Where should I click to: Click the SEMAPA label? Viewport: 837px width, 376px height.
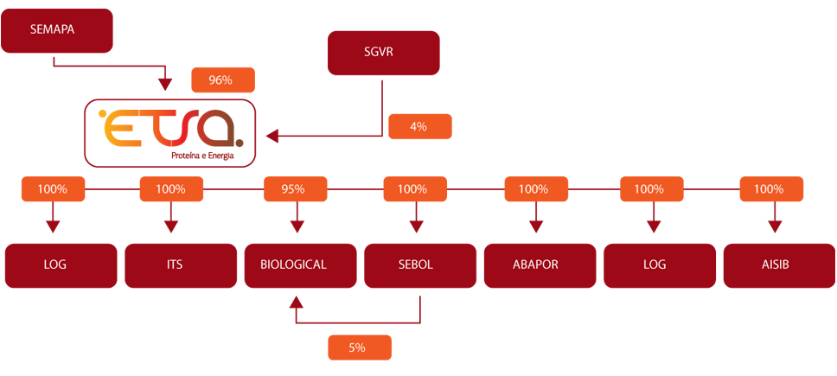click(x=52, y=29)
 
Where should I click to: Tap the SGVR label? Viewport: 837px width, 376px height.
click(x=379, y=49)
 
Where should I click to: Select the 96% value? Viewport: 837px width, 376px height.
click(x=220, y=80)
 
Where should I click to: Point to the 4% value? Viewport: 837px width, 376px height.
click(x=418, y=126)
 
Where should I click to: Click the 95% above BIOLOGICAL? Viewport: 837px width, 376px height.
click(x=293, y=189)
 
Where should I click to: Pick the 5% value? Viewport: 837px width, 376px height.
click(x=357, y=347)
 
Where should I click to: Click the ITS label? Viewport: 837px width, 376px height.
click(x=171, y=264)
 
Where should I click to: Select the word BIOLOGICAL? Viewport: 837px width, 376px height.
click(x=293, y=264)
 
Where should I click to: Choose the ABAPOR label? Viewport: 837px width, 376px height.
click(x=535, y=264)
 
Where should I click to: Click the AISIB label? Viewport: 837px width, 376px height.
click(x=769, y=264)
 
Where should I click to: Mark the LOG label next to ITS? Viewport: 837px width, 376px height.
click(x=54, y=264)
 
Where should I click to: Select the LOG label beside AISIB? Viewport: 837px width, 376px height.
click(x=655, y=264)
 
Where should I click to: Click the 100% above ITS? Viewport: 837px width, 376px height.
click(x=171, y=189)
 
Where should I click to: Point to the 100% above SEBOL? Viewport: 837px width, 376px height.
click(x=412, y=189)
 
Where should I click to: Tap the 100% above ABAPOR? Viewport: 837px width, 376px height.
click(x=534, y=189)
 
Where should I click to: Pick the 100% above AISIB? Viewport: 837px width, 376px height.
click(x=769, y=189)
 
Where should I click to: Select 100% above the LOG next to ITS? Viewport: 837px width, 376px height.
click(x=54, y=189)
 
